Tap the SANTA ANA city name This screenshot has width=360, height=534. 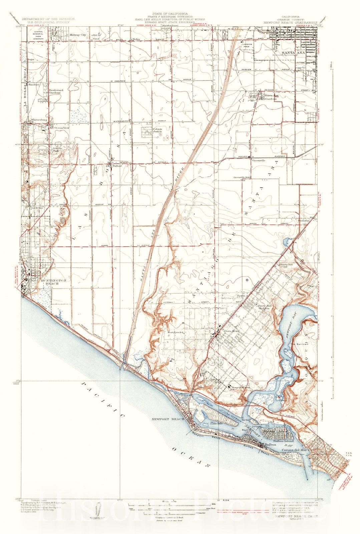[x=292, y=53]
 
